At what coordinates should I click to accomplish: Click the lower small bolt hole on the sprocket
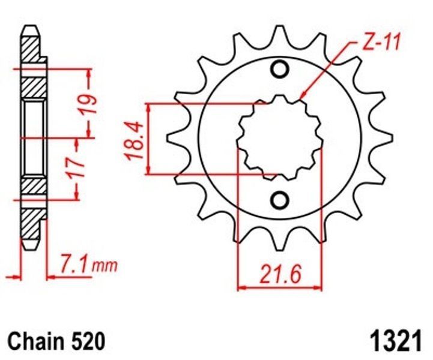[279, 200]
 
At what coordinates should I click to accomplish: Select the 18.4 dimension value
[135, 141]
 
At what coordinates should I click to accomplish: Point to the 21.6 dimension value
[280, 274]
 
